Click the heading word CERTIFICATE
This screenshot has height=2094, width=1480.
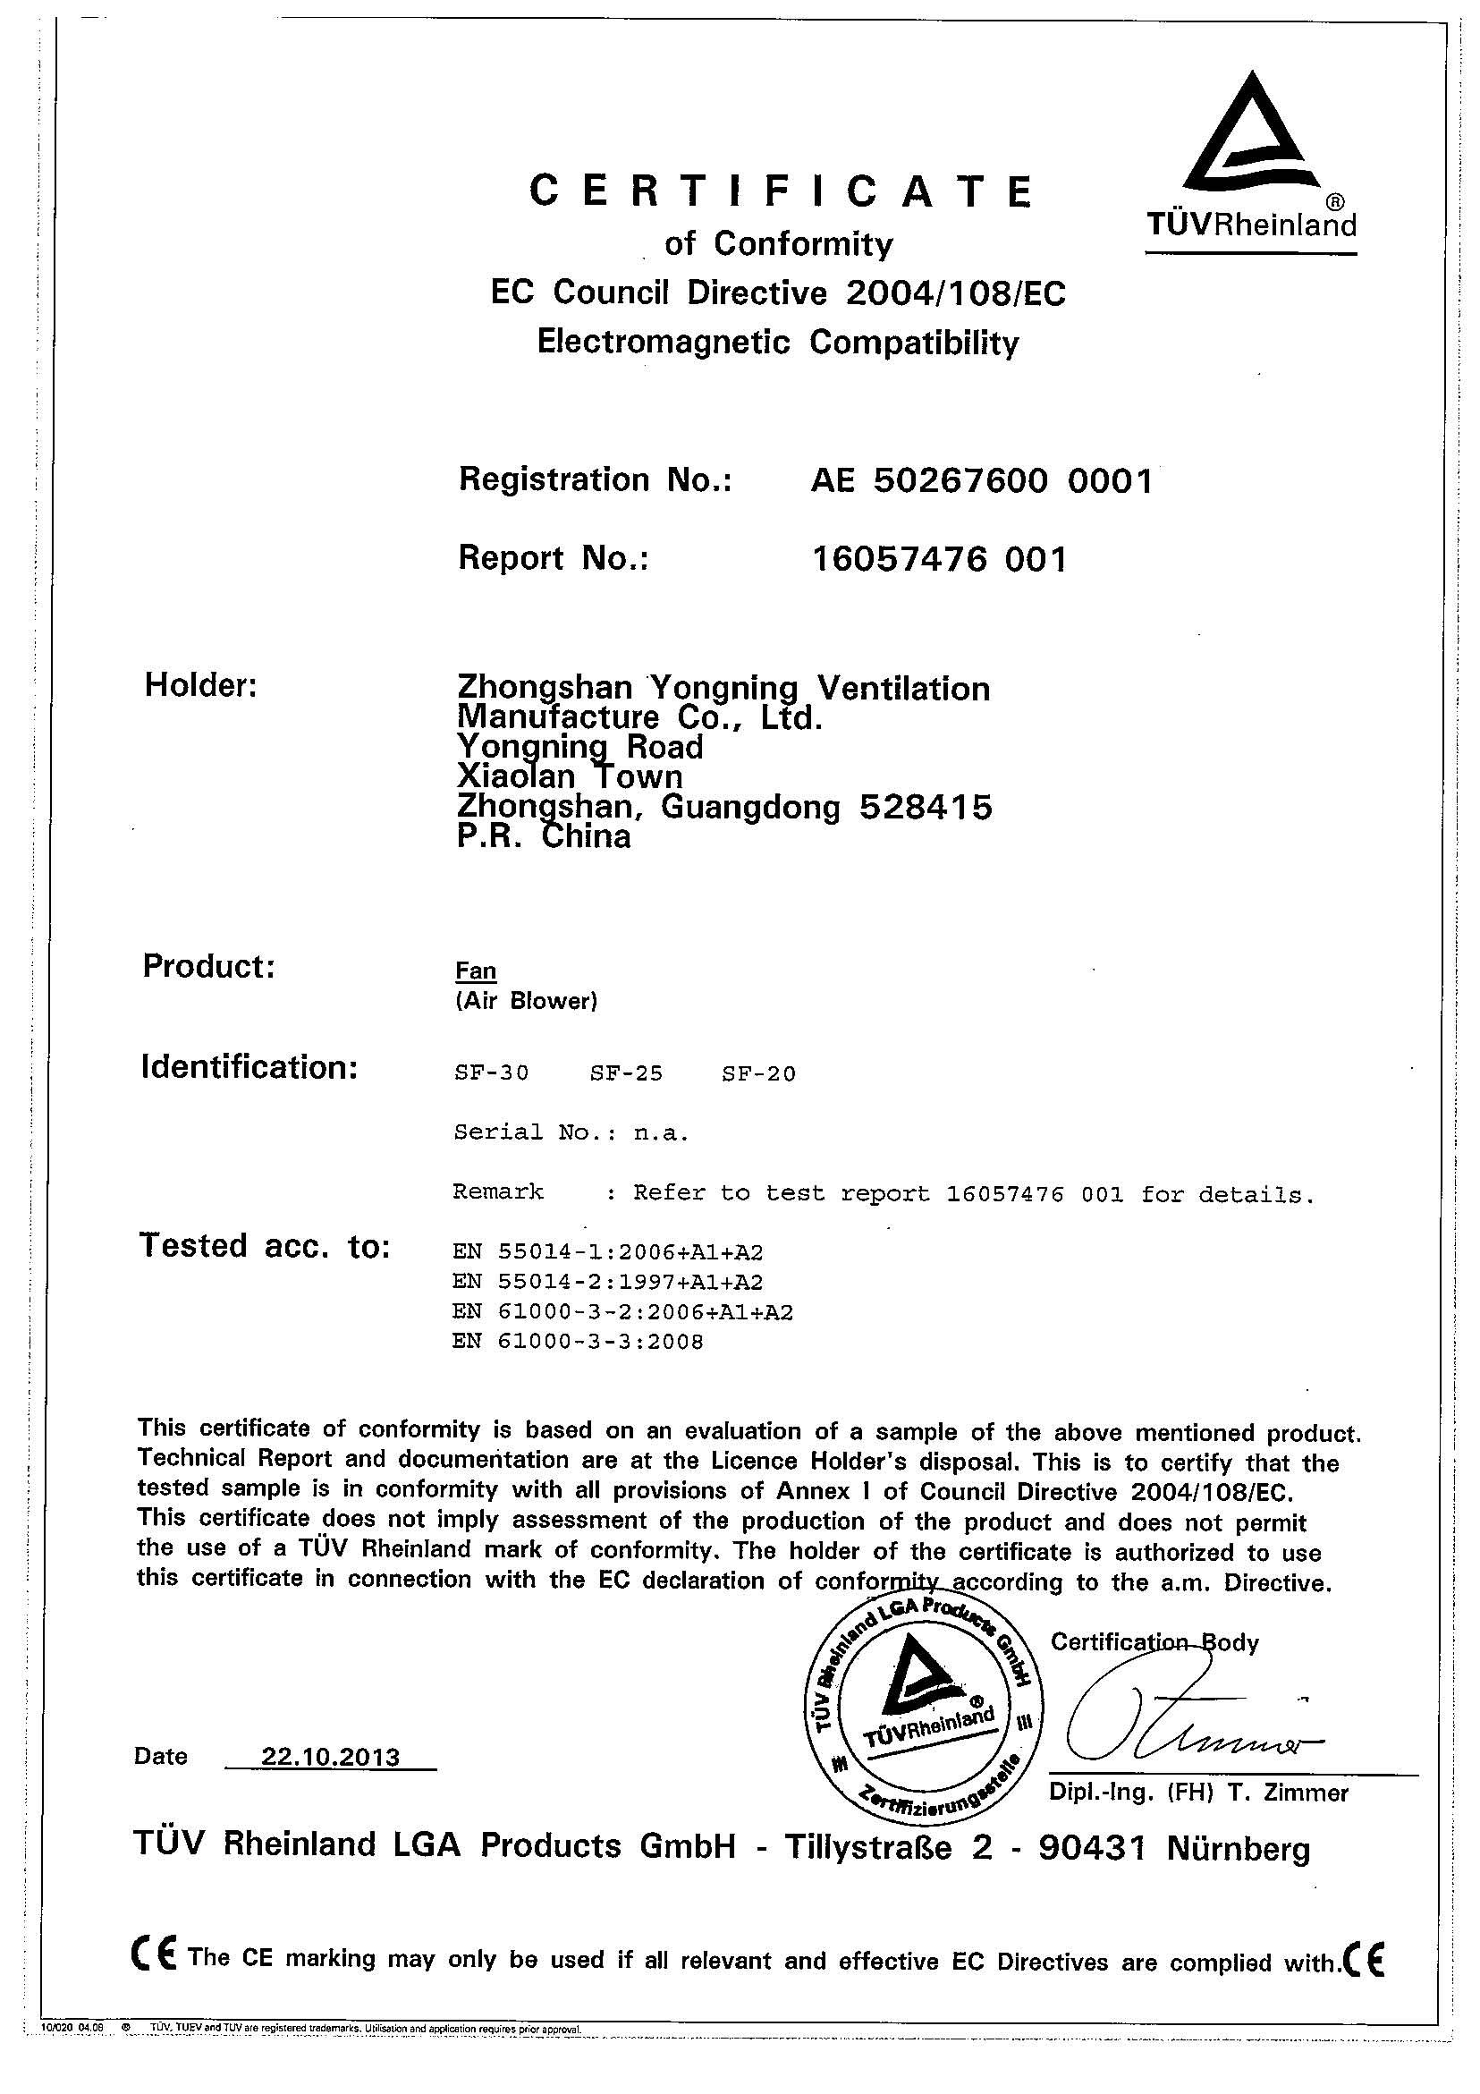(x=782, y=191)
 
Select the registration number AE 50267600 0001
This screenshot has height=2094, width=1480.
(x=981, y=479)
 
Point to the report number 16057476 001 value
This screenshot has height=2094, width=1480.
(x=938, y=558)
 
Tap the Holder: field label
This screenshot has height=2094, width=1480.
(x=200, y=686)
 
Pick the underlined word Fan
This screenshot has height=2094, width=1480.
(x=475, y=971)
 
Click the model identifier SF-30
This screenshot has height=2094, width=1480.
(x=491, y=1073)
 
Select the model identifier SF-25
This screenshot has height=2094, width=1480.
(x=626, y=1073)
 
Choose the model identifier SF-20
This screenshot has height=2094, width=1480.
(x=757, y=1073)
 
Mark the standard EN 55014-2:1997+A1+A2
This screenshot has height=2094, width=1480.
(x=607, y=1282)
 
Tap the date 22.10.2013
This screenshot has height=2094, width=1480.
(x=330, y=1757)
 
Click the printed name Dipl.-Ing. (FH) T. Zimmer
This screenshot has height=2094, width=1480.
(x=1197, y=1793)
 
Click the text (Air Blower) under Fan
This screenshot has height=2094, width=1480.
(x=525, y=1002)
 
